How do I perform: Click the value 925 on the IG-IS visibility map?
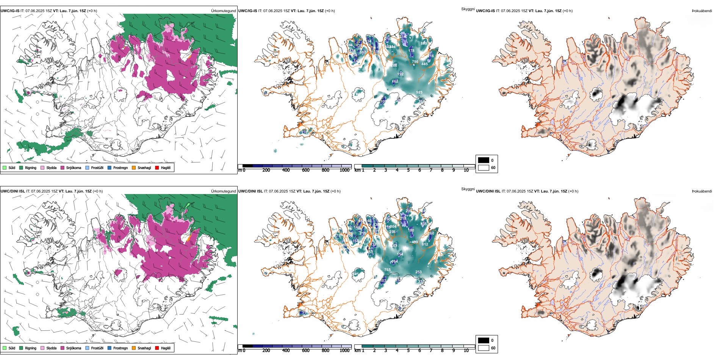pos(419,92)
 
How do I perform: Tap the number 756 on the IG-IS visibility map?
pos(415,62)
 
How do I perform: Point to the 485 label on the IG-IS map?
pos(425,64)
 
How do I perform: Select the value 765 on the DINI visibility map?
pos(387,270)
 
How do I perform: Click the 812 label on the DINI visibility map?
pos(425,244)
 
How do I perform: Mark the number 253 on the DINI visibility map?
pos(418,272)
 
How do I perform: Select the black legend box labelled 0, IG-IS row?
pos(484,160)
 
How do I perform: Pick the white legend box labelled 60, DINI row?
pos(484,348)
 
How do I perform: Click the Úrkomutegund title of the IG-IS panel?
pos(223,11)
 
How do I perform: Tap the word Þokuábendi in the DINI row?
pos(702,191)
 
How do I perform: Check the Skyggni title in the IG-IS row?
pos(468,9)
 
